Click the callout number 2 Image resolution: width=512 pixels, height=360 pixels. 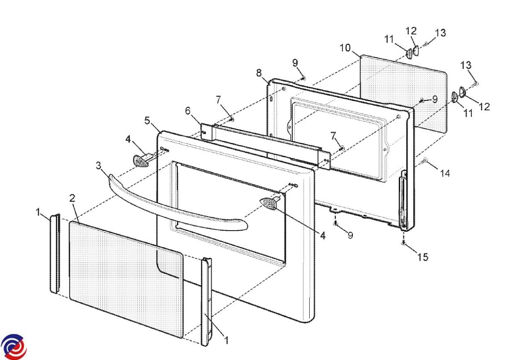pos(72,198)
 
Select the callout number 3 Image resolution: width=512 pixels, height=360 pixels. pos(98,166)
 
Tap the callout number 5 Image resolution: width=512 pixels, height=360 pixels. pos(147,120)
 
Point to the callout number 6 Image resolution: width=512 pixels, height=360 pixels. pos(188,111)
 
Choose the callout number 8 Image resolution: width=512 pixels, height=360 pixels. pos(259,73)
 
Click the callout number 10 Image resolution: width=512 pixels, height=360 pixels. pos(345,48)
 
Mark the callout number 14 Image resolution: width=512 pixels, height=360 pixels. pos(445,173)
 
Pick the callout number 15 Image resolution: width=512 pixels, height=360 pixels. pos(423,257)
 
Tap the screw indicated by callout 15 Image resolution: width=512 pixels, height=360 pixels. pos(404,243)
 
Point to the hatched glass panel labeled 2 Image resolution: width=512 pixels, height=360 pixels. pos(126,279)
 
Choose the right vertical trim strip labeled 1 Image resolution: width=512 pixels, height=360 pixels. pos(206,302)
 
